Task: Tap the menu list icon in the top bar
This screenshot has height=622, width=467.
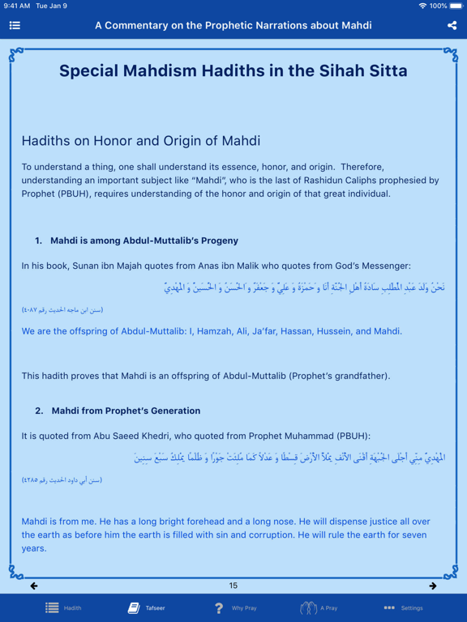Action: pyautogui.click(x=15, y=25)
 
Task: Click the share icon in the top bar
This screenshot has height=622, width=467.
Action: pyautogui.click(x=452, y=25)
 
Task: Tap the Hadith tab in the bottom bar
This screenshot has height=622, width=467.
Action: pyautogui.click(x=63, y=607)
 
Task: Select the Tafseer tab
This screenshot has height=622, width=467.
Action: pyautogui.click(x=146, y=607)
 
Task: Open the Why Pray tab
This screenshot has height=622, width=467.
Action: pyautogui.click(x=234, y=607)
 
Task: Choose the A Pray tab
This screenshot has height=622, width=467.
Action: pyautogui.click(x=319, y=607)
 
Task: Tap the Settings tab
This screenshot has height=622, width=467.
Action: pyautogui.click(x=403, y=607)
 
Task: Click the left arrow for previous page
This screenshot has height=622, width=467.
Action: pyautogui.click(x=34, y=586)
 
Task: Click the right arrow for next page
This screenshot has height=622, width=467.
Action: pyautogui.click(x=433, y=586)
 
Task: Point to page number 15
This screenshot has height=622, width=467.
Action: pyautogui.click(x=233, y=586)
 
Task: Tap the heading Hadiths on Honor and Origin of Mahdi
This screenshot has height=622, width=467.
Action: pyautogui.click(x=140, y=141)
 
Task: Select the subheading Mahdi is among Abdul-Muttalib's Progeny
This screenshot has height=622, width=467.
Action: pyautogui.click(x=144, y=241)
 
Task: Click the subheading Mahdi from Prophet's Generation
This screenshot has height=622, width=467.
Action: pyautogui.click(x=126, y=411)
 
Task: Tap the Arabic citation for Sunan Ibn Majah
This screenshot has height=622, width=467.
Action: pyautogui.click(x=62, y=310)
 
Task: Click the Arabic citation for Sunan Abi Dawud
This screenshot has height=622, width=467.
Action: pyautogui.click(x=62, y=480)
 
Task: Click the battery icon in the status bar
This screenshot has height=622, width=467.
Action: pyautogui.click(x=456, y=6)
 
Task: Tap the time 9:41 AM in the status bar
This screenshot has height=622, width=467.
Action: pyautogui.click(x=17, y=6)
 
